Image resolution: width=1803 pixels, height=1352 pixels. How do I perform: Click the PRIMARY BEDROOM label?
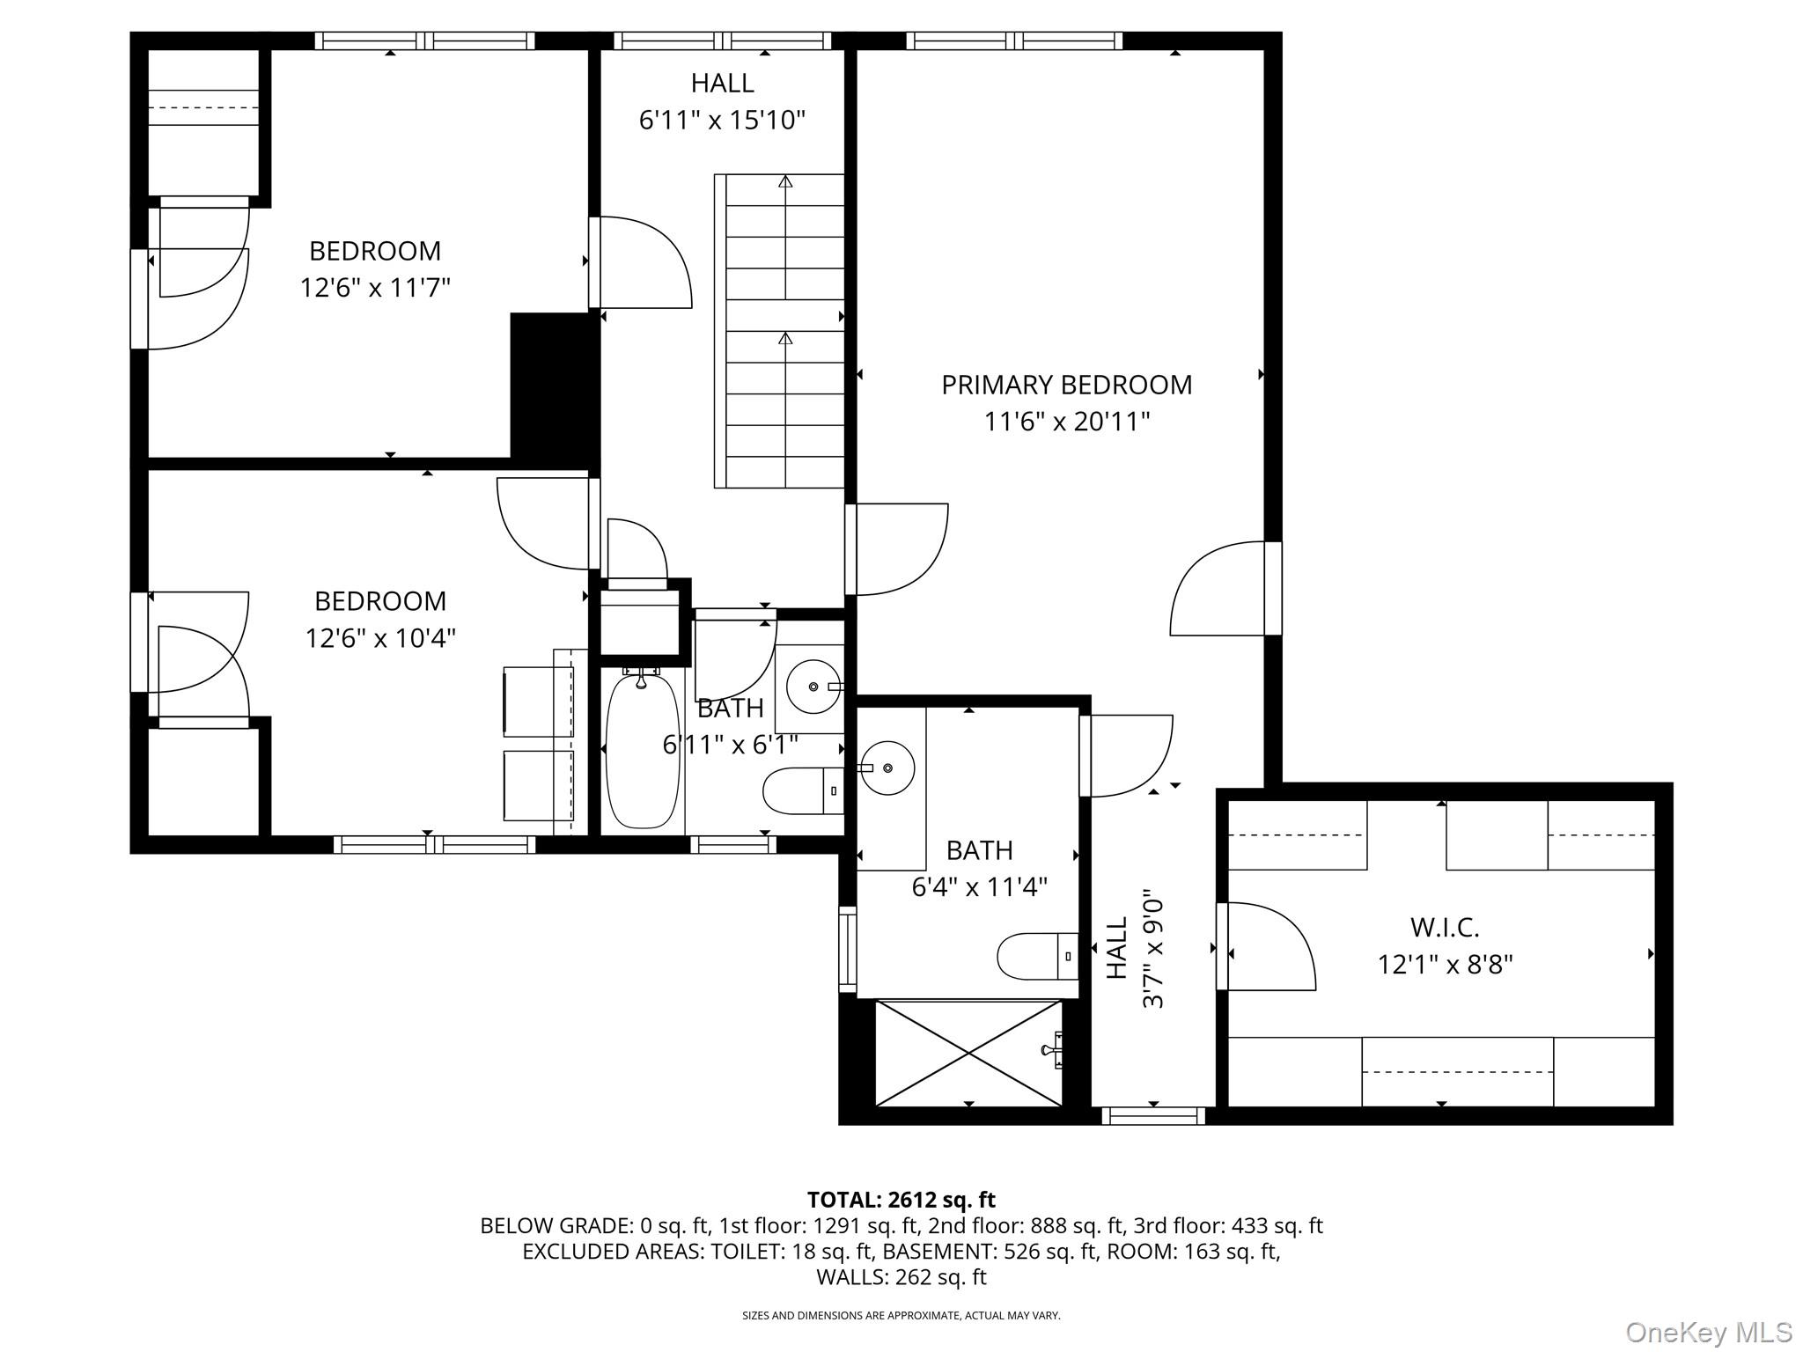1066,385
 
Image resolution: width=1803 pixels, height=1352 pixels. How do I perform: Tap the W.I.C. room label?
1445,927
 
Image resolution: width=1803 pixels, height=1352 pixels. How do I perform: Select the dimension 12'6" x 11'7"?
375,288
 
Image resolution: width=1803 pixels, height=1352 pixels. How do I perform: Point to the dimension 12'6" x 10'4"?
380,637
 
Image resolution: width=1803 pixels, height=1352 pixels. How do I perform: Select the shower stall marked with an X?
968,1053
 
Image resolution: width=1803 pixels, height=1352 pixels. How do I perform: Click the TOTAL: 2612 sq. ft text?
901,1200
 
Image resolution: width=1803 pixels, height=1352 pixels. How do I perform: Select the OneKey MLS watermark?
1708,1332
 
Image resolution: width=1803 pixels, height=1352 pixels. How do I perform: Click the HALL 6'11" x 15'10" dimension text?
722,120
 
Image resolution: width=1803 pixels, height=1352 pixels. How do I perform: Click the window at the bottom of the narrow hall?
1152,1116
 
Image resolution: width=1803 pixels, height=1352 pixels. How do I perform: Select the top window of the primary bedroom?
1014,40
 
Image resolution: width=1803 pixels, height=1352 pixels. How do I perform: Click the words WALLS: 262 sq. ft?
901,1276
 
